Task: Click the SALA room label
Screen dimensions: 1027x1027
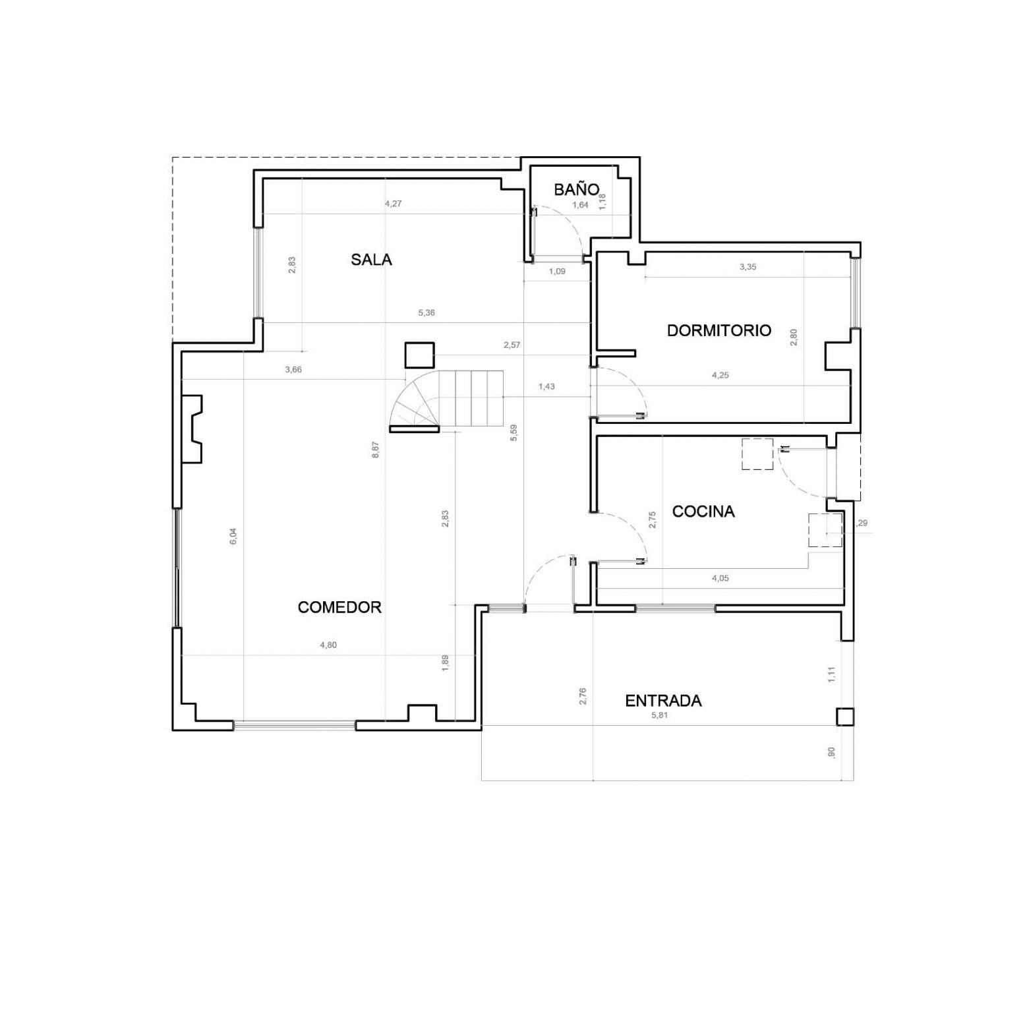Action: coord(371,260)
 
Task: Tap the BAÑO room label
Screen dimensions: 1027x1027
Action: coord(577,190)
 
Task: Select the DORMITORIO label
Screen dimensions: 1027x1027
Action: coord(719,330)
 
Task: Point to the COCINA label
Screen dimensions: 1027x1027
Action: coord(703,512)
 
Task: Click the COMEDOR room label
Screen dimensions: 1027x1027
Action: coord(339,607)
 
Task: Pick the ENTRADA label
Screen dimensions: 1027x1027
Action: coord(663,701)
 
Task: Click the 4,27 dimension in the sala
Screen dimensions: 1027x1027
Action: coord(393,204)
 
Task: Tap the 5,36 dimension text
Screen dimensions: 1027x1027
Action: coord(426,312)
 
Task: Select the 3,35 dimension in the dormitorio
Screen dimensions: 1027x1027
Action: coord(748,267)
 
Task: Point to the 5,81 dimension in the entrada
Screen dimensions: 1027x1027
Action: coord(659,715)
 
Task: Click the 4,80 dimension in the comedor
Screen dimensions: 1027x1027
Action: coord(328,645)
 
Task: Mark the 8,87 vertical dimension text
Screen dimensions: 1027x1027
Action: coord(375,450)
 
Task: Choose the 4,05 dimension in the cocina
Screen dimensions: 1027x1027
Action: coord(720,578)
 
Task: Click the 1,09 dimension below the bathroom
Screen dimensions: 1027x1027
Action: coord(557,271)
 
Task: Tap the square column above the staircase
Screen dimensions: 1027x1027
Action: coord(419,355)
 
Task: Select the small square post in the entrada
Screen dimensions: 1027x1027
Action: coord(845,717)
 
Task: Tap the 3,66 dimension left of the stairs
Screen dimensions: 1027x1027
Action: coord(293,370)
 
